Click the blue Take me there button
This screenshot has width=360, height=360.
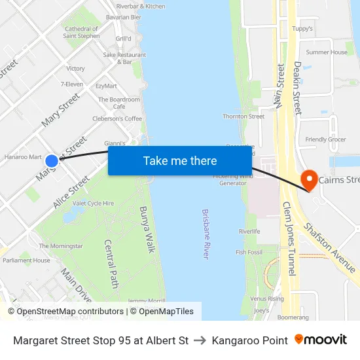tap(180, 160)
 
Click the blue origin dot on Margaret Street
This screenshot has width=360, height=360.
tap(52, 160)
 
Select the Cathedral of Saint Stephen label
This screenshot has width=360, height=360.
tap(81, 32)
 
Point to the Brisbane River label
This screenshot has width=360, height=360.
tap(206, 234)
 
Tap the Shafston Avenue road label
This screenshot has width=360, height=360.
tap(329, 247)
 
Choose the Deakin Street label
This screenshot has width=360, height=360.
tap(297, 88)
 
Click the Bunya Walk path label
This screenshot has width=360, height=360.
tap(147, 229)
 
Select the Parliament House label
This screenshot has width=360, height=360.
tap(26, 261)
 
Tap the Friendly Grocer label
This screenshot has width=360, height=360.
tap(325, 139)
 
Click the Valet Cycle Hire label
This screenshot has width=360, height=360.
tap(93, 204)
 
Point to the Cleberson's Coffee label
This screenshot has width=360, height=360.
tap(117, 118)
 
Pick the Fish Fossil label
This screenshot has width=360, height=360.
tap(249, 252)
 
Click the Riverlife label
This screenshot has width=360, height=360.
tap(249, 231)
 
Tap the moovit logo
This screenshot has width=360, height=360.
tap(321, 340)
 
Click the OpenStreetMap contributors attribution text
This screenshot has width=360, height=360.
tap(66, 312)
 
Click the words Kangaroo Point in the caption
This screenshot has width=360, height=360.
tap(250, 340)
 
